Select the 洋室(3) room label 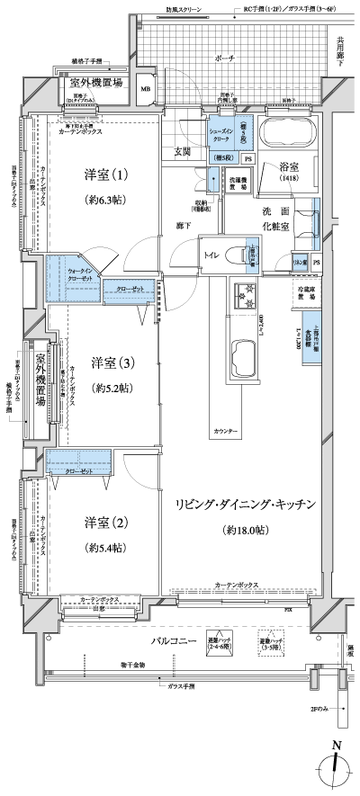pos(113,363)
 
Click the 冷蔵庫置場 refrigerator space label pos(310,293)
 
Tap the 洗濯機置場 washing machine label pos(237,183)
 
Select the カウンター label pos(226,433)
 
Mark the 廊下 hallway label pos(183,225)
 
